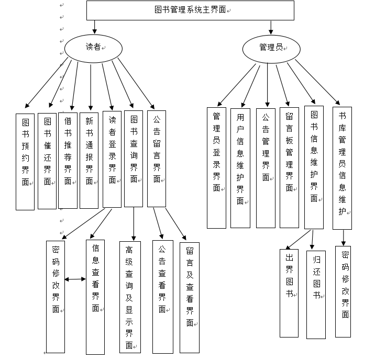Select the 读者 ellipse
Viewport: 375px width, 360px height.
pyautogui.click(x=93, y=48)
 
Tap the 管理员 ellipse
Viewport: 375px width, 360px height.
pyautogui.click(x=271, y=48)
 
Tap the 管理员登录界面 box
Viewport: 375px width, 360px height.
pyautogui.click(x=216, y=167)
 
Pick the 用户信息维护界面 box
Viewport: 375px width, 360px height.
pyautogui.click(x=240, y=167)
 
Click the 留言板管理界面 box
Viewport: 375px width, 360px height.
pyautogui.click(x=289, y=167)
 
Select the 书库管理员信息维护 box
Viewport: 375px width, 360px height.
pyautogui.click(x=342, y=167)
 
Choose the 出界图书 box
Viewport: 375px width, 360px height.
pyautogui.click(x=289, y=291)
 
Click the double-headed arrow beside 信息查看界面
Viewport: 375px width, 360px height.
pyautogui.click(x=76, y=279)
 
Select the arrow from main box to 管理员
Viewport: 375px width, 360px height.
pyautogui.click(x=271, y=27)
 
